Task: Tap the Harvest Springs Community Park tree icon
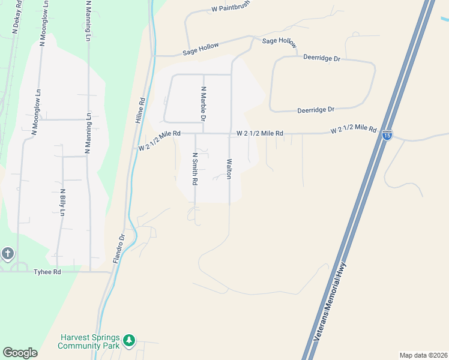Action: point(128,341)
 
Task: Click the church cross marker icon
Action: point(7,253)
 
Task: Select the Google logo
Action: point(20,353)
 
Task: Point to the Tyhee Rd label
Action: point(49,272)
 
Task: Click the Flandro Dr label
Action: point(118,249)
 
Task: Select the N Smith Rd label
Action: point(195,169)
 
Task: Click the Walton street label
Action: point(229,169)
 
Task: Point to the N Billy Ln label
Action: point(62,203)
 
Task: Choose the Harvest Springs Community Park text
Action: point(89,341)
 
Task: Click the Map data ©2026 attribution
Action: point(423,355)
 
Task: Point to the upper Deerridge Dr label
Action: point(322,59)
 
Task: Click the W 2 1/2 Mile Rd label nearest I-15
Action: point(354,128)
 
